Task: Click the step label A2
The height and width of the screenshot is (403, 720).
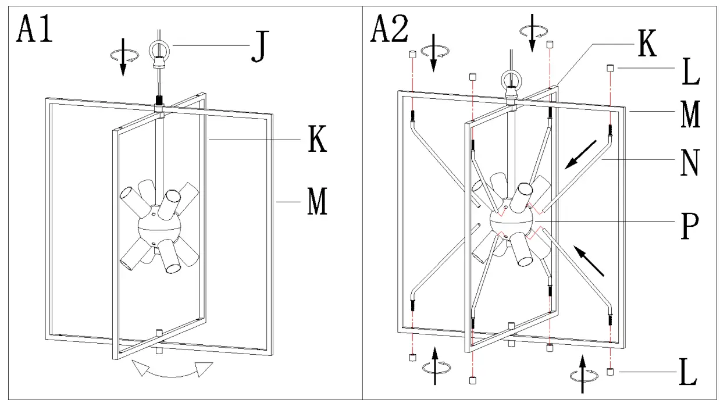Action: tap(389, 28)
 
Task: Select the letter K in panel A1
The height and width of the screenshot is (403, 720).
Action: tap(317, 141)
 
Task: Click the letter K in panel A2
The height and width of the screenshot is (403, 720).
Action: tap(646, 45)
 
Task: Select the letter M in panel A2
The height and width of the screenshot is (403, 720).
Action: tap(690, 115)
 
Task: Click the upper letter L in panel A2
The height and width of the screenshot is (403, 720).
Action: tap(690, 74)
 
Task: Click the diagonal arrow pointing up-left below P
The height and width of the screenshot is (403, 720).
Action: tap(588, 260)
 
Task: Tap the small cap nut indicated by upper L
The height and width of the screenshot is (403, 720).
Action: tap(609, 68)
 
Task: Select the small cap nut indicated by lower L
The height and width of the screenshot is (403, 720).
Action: tap(609, 372)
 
